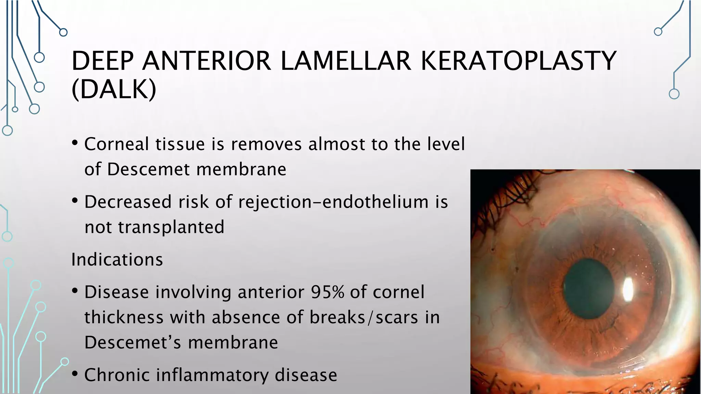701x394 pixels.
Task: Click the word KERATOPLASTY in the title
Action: pyautogui.click(x=518, y=61)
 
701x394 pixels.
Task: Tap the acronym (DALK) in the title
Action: pyautogui.click(x=114, y=90)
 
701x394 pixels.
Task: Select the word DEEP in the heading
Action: pyautogui.click(x=102, y=61)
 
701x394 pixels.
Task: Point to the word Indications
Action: pyautogui.click(x=117, y=260)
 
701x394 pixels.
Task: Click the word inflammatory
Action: pyautogui.click(x=213, y=375)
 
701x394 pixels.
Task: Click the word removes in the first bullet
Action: pyautogui.click(x=266, y=144)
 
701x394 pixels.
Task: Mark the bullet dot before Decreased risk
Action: pyautogui.click(x=75, y=201)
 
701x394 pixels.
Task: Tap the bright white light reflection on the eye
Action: pyautogui.click(x=628, y=289)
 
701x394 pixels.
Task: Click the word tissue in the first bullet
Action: pyautogui.click(x=180, y=144)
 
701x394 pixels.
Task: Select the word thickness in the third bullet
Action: pyautogui.click(x=124, y=317)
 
